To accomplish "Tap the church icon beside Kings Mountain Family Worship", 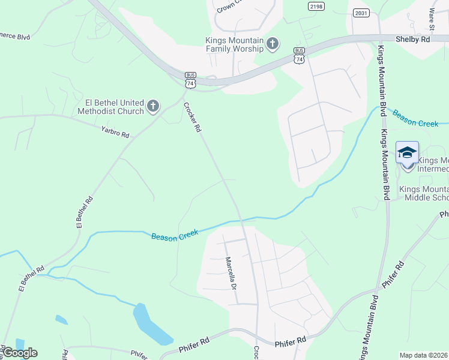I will coord(273,43).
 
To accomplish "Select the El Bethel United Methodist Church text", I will coord(110,107).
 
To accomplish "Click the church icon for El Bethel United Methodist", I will coord(153,107).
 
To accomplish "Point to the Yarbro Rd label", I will coord(115,131).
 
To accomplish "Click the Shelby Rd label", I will coord(413,39).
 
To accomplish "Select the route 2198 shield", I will coord(316,6).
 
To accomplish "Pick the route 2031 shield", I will coord(361,13).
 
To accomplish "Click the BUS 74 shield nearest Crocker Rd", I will coord(190,81).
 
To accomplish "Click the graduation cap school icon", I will coord(407,152).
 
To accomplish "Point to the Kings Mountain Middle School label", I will coord(426,193).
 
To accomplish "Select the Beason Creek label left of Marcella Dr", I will coord(175,235).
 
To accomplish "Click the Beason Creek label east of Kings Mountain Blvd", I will coord(416,118).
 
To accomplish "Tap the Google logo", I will coord(20,352).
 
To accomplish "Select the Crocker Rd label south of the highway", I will coord(192,118).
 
